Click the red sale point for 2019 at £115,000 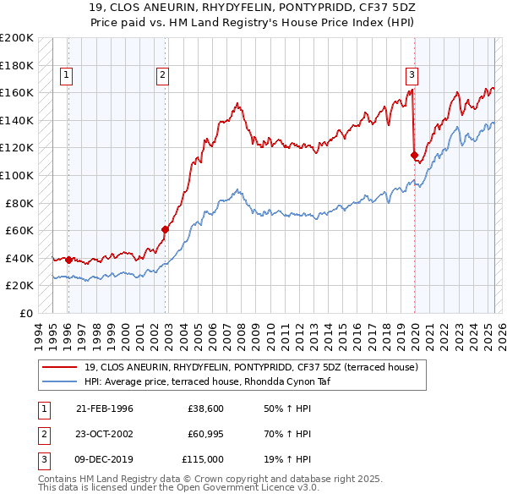415,155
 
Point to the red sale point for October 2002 165,229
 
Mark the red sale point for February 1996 68,260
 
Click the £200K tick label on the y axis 17,38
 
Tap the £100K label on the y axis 17,175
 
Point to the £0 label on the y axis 25,313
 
